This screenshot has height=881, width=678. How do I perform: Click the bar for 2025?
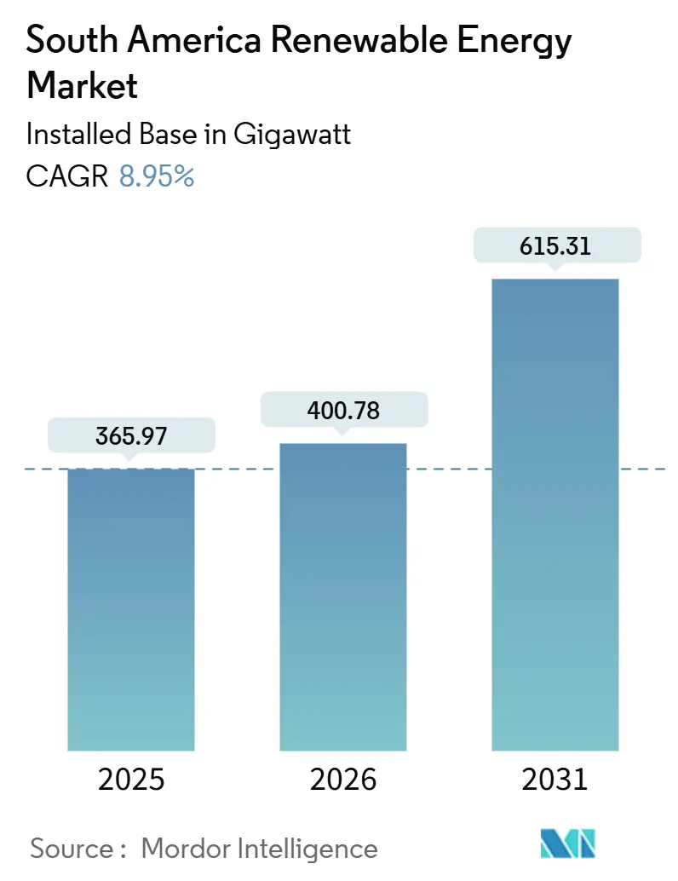131,609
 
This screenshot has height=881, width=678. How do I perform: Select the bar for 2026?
343,596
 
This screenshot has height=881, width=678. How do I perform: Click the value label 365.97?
131,436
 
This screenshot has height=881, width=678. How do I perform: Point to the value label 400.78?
343,411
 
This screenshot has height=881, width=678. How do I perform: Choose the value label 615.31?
554,245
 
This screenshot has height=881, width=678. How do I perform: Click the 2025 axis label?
131,779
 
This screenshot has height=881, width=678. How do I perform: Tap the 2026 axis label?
343,779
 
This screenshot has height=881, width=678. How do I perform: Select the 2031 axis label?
554,779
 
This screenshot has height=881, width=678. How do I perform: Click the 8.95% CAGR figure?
157,176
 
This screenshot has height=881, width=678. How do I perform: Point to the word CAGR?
67,176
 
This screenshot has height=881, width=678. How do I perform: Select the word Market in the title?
83,85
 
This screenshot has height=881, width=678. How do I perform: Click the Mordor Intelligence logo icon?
568,843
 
